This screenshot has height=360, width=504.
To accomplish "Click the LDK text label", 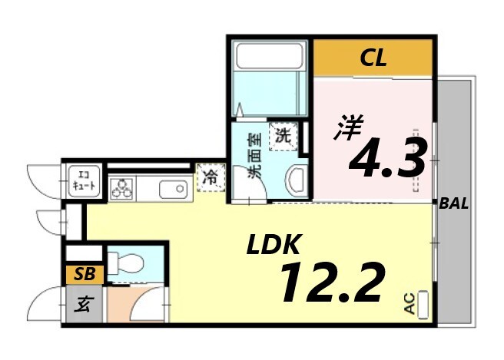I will pos(273,246).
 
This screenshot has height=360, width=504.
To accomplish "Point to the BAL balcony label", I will pos(454,204).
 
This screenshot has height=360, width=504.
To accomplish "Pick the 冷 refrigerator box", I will pos(210,177).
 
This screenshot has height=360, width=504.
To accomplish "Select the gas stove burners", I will pos(121,187).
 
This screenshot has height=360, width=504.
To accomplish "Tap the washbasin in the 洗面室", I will pos(295,180).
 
